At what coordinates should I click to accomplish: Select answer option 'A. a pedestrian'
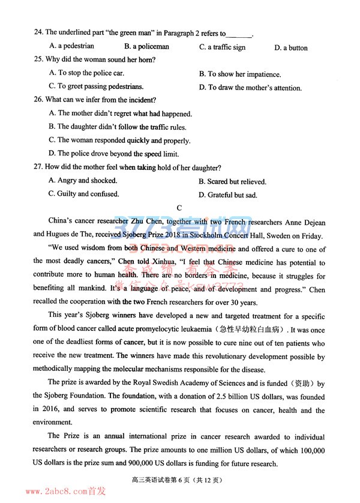coord(71,46)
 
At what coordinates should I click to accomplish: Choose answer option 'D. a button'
coord(291,47)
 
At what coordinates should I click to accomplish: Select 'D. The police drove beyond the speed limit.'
coord(120,154)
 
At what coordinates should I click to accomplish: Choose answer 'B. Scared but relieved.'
coord(236,181)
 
